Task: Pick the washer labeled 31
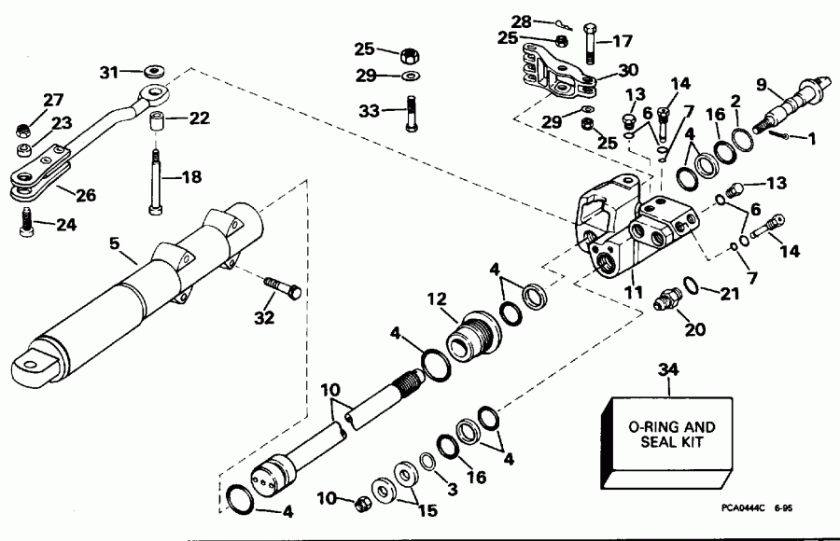click(152, 71)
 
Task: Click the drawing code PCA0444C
click(742, 509)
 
